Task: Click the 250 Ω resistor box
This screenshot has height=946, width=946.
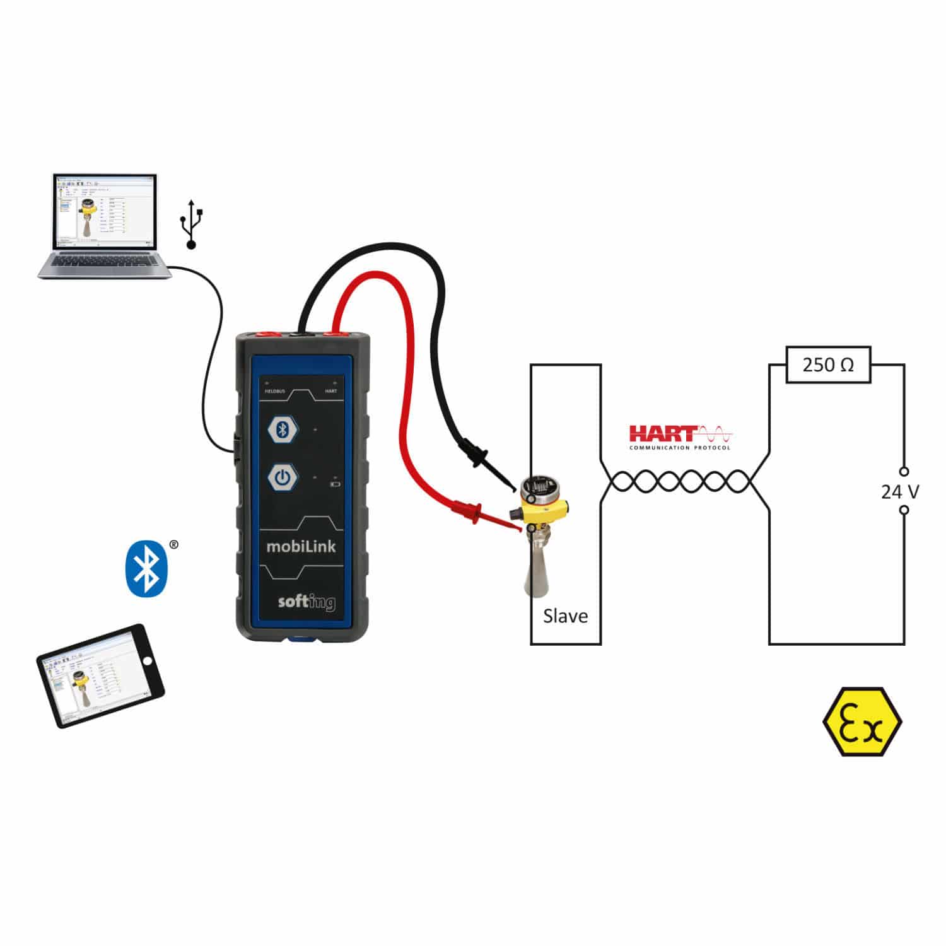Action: [x=827, y=365]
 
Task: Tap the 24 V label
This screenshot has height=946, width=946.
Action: [x=899, y=491]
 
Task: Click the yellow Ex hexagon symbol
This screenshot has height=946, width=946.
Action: [x=862, y=721]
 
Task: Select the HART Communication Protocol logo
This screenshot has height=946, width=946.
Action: [x=680, y=437]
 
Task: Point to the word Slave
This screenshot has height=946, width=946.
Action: [x=565, y=616]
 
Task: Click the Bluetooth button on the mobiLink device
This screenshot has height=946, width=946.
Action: [x=283, y=430]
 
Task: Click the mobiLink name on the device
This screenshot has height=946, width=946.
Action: [x=301, y=546]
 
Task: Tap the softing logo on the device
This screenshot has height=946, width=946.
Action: [x=307, y=602]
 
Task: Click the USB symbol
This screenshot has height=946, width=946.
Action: [x=192, y=223]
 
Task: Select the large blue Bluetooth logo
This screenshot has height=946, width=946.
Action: [x=146, y=567]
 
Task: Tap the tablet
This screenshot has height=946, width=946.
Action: [x=100, y=675]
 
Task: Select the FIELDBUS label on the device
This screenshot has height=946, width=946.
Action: [x=274, y=391]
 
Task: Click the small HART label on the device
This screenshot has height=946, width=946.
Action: [x=330, y=391]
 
